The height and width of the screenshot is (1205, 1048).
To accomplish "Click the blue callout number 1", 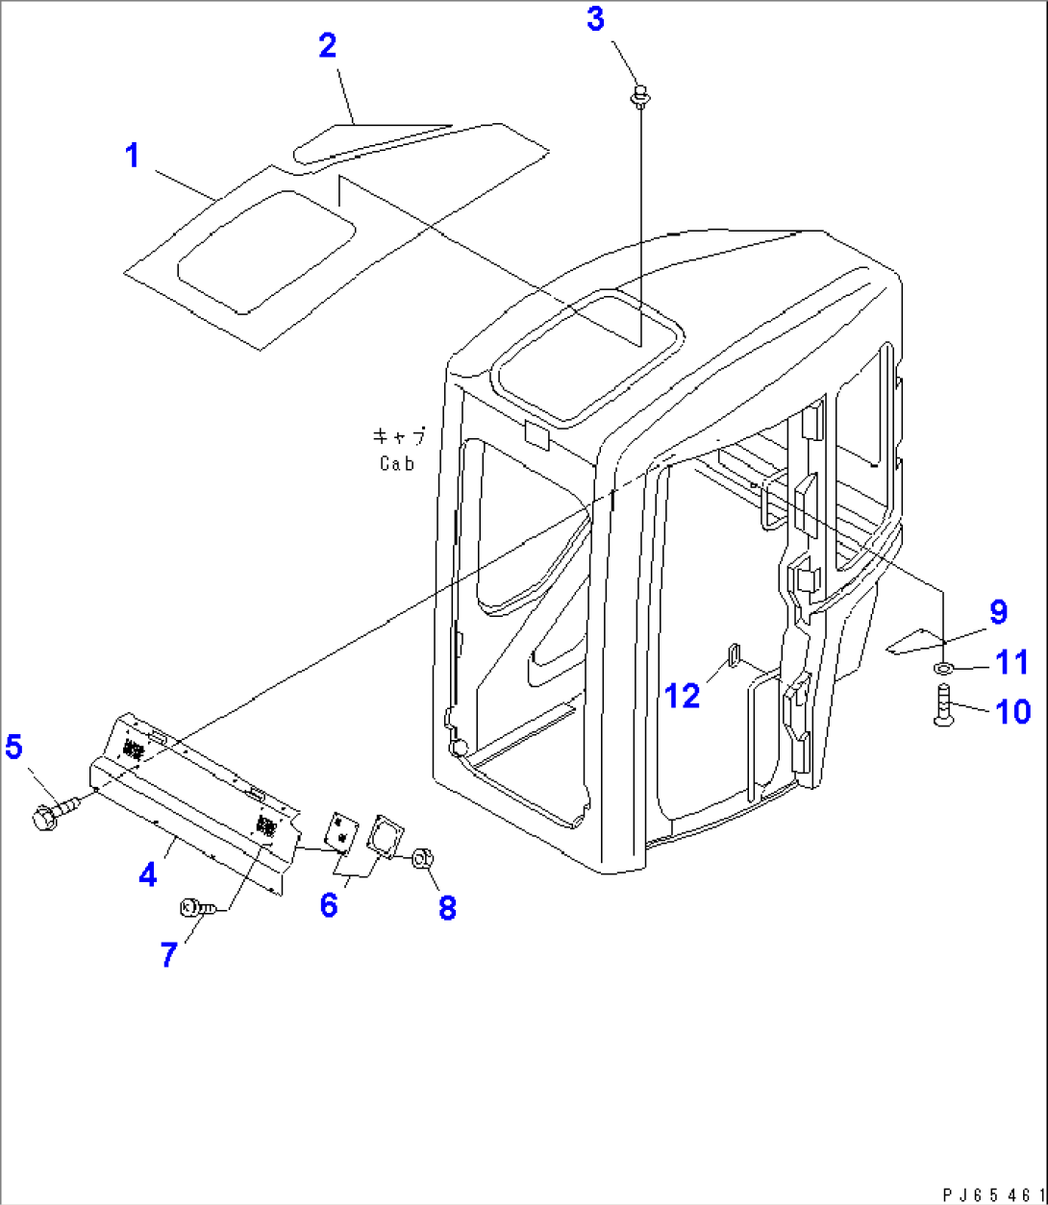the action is [x=133, y=156].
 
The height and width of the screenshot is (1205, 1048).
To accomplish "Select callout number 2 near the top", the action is [x=328, y=45].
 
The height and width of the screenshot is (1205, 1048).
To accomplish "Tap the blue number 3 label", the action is [x=595, y=19].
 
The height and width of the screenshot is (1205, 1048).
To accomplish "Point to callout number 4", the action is [x=148, y=874].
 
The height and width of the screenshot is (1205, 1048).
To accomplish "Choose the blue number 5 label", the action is [x=13, y=747].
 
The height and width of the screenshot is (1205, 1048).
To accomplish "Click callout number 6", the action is [x=329, y=904].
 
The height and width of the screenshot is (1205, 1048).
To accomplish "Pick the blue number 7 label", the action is [x=168, y=955].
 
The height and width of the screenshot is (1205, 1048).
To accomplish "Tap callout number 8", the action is [x=447, y=907].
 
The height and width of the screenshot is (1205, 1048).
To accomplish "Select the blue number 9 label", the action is [x=998, y=612].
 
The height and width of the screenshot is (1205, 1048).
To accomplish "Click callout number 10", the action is [x=1012, y=711].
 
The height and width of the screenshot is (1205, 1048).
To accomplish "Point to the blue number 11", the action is [x=1012, y=662].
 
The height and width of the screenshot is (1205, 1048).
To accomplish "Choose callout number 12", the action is [x=683, y=696].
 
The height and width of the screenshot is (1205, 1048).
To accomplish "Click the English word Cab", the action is [x=397, y=465].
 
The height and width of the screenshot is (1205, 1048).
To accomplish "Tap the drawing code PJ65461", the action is [x=993, y=1193].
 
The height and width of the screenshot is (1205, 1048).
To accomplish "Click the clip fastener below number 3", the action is [x=639, y=97].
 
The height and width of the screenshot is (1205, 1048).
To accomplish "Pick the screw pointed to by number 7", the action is [x=197, y=907].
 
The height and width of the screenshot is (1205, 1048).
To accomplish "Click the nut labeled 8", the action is [x=422, y=857].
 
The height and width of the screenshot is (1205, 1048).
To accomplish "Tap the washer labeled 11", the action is [x=944, y=668].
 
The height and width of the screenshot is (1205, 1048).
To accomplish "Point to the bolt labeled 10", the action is [x=943, y=704].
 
